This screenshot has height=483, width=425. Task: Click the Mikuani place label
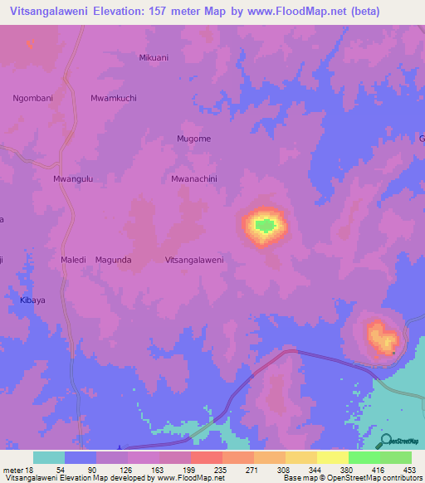click(154, 57)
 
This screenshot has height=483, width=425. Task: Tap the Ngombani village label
click(33, 98)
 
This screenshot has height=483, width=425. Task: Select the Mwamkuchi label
click(114, 98)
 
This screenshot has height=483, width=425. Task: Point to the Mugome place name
click(193, 139)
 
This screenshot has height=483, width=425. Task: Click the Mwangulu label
click(72, 178)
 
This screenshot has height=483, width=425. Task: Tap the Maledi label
click(74, 260)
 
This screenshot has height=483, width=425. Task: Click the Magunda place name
click(114, 260)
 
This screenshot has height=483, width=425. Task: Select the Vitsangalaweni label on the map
click(194, 260)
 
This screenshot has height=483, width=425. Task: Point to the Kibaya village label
click(34, 300)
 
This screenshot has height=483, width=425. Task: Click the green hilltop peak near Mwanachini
click(264, 224)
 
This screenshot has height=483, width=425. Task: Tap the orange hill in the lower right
click(383, 338)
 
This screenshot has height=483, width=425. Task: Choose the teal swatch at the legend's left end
click(49, 457)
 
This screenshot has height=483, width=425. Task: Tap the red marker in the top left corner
click(30, 44)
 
